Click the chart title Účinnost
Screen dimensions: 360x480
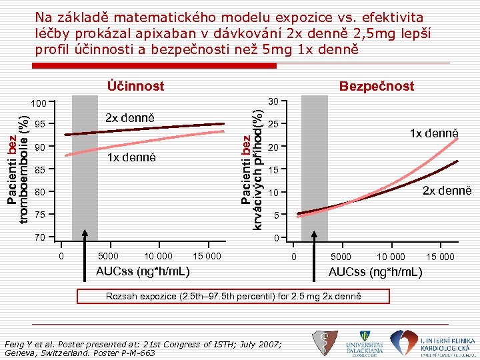135,86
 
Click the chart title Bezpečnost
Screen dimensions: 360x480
376,86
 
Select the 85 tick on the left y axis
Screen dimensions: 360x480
41,169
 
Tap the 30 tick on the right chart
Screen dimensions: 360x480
272,102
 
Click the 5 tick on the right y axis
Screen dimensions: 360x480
275,215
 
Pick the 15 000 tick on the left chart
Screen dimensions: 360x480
206,256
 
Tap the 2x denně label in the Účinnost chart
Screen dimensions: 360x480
130,118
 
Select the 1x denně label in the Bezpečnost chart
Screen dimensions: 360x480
435,133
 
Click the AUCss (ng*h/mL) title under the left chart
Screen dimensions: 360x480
143,271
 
